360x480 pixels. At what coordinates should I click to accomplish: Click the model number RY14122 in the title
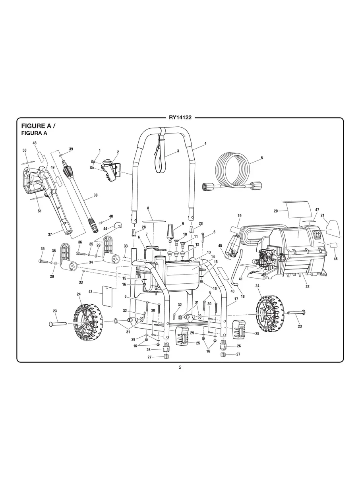tap(180, 118)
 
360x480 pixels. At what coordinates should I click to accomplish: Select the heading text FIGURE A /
tap(38, 126)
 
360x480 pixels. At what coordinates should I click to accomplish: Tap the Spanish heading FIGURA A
tap(34, 133)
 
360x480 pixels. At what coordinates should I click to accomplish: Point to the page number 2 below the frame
tap(180, 367)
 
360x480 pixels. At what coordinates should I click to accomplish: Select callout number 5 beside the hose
tap(262, 158)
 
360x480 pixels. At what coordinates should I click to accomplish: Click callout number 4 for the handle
tap(205, 143)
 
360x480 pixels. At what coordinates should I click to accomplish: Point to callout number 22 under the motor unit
tap(307, 286)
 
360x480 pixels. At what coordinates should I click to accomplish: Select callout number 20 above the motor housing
tap(275, 211)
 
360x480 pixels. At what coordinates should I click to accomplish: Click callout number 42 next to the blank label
tap(91, 292)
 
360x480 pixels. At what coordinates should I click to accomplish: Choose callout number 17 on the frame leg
tap(236, 299)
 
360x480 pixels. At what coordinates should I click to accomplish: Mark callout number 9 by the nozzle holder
tap(183, 223)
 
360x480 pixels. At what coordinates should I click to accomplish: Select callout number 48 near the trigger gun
tap(35, 143)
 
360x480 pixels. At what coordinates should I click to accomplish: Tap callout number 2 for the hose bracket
tap(118, 152)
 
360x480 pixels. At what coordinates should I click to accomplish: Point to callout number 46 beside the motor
tap(335, 259)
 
